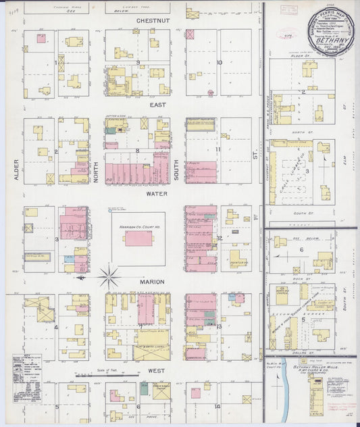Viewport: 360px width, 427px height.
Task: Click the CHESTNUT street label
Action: coord(153,21)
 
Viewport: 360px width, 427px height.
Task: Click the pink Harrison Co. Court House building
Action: coord(138,238)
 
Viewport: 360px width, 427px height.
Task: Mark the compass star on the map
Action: coord(109,276)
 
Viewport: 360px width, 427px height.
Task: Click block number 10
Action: coord(220,62)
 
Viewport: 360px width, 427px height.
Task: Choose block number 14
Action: coord(217,406)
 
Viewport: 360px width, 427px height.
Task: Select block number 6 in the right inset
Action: coord(301,249)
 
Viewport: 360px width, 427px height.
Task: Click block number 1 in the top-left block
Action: coord(55,62)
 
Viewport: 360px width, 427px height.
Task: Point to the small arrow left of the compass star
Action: coord(81,277)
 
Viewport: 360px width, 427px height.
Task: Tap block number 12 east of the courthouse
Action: coord(220,238)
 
